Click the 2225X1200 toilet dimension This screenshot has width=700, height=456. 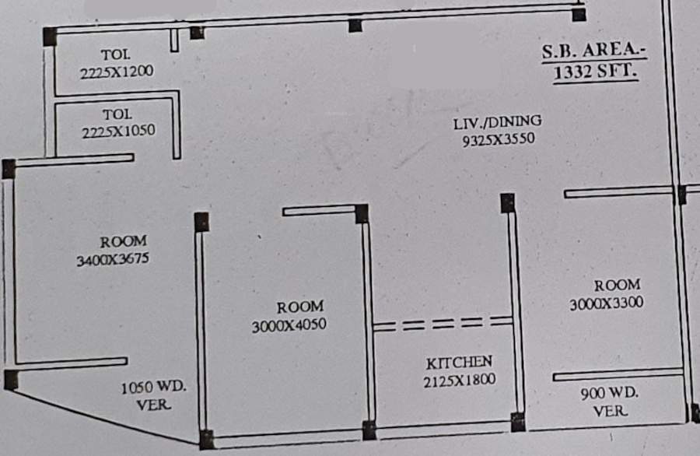[x=116, y=72]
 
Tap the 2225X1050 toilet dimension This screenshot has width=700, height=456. [x=118, y=132]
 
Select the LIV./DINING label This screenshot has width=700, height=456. [x=498, y=123]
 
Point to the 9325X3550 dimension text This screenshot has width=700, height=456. [x=498, y=140]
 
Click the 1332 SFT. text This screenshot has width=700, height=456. [x=596, y=72]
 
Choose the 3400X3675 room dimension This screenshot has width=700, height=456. [x=113, y=260]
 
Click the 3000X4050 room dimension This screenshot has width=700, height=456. [x=289, y=325]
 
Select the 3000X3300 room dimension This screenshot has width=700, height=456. [x=606, y=303]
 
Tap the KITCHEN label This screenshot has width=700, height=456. [x=459, y=363]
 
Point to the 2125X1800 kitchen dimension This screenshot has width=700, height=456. [x=459, y=381]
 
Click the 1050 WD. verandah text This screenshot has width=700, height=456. [x=153, y=388]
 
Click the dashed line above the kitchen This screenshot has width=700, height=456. [x=442, y=323]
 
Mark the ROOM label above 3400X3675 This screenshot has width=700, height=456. [x=123, y=242]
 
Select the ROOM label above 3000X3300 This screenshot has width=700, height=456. [x=617, y=285]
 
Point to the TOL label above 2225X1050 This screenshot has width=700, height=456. [x=117, y=114]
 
